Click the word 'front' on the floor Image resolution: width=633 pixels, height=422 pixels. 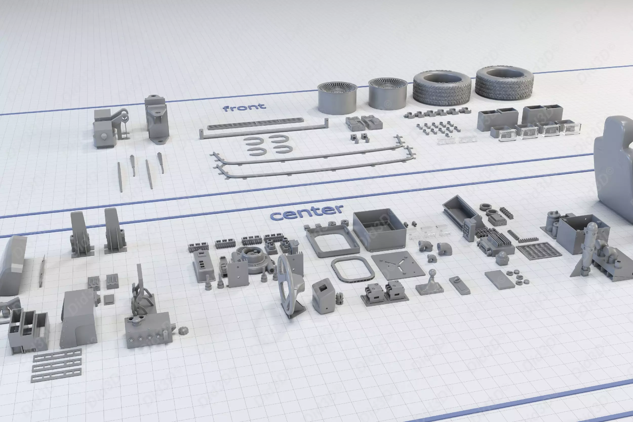click(x=244, y=107)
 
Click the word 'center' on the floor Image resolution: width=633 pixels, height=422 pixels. click(x=306, y=212)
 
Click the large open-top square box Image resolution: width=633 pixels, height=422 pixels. click(x=379, y=230)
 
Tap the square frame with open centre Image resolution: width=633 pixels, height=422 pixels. click(x=332, y=240)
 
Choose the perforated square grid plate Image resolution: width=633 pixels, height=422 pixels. click(x=539, y=251)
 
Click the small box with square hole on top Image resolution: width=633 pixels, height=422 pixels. click(x=324, y=295)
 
